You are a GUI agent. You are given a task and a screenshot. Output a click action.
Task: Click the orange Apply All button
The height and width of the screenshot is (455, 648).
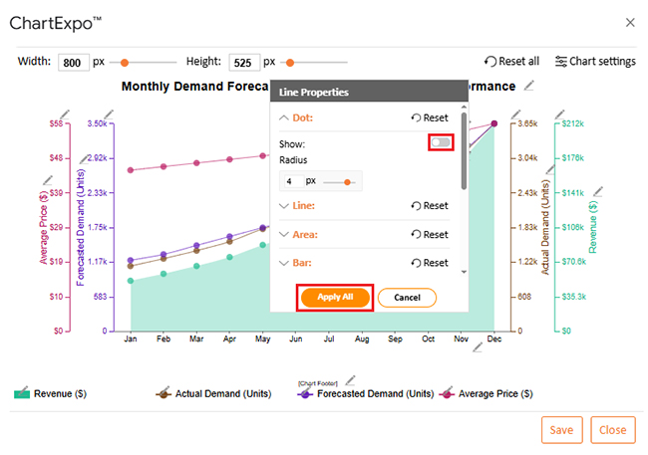335,297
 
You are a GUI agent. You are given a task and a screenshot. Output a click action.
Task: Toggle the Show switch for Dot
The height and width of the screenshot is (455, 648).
441,143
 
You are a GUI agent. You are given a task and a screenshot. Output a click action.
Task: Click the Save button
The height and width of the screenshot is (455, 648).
561,429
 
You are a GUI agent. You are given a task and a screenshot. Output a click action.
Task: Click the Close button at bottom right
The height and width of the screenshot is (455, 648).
612,429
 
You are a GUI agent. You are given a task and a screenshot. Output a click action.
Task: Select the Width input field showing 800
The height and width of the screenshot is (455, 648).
73,62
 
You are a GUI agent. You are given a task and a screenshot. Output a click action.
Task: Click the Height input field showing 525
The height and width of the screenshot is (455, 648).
243,62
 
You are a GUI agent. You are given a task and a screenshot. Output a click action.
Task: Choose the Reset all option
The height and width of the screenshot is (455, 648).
511,62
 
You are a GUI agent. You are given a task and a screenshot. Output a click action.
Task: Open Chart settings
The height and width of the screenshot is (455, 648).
594,62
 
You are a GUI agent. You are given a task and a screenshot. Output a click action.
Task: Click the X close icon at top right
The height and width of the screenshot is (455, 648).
629,21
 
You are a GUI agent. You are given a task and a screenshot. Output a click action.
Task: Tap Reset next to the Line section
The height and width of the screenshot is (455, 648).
429,206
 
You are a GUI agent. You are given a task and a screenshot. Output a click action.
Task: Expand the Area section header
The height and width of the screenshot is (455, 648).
304,235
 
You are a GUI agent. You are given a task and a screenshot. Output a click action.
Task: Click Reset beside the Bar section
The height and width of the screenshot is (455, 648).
429,263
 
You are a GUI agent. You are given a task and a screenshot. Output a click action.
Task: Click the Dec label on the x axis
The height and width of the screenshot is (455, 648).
494,340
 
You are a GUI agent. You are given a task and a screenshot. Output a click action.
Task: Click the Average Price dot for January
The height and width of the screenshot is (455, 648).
131,170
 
